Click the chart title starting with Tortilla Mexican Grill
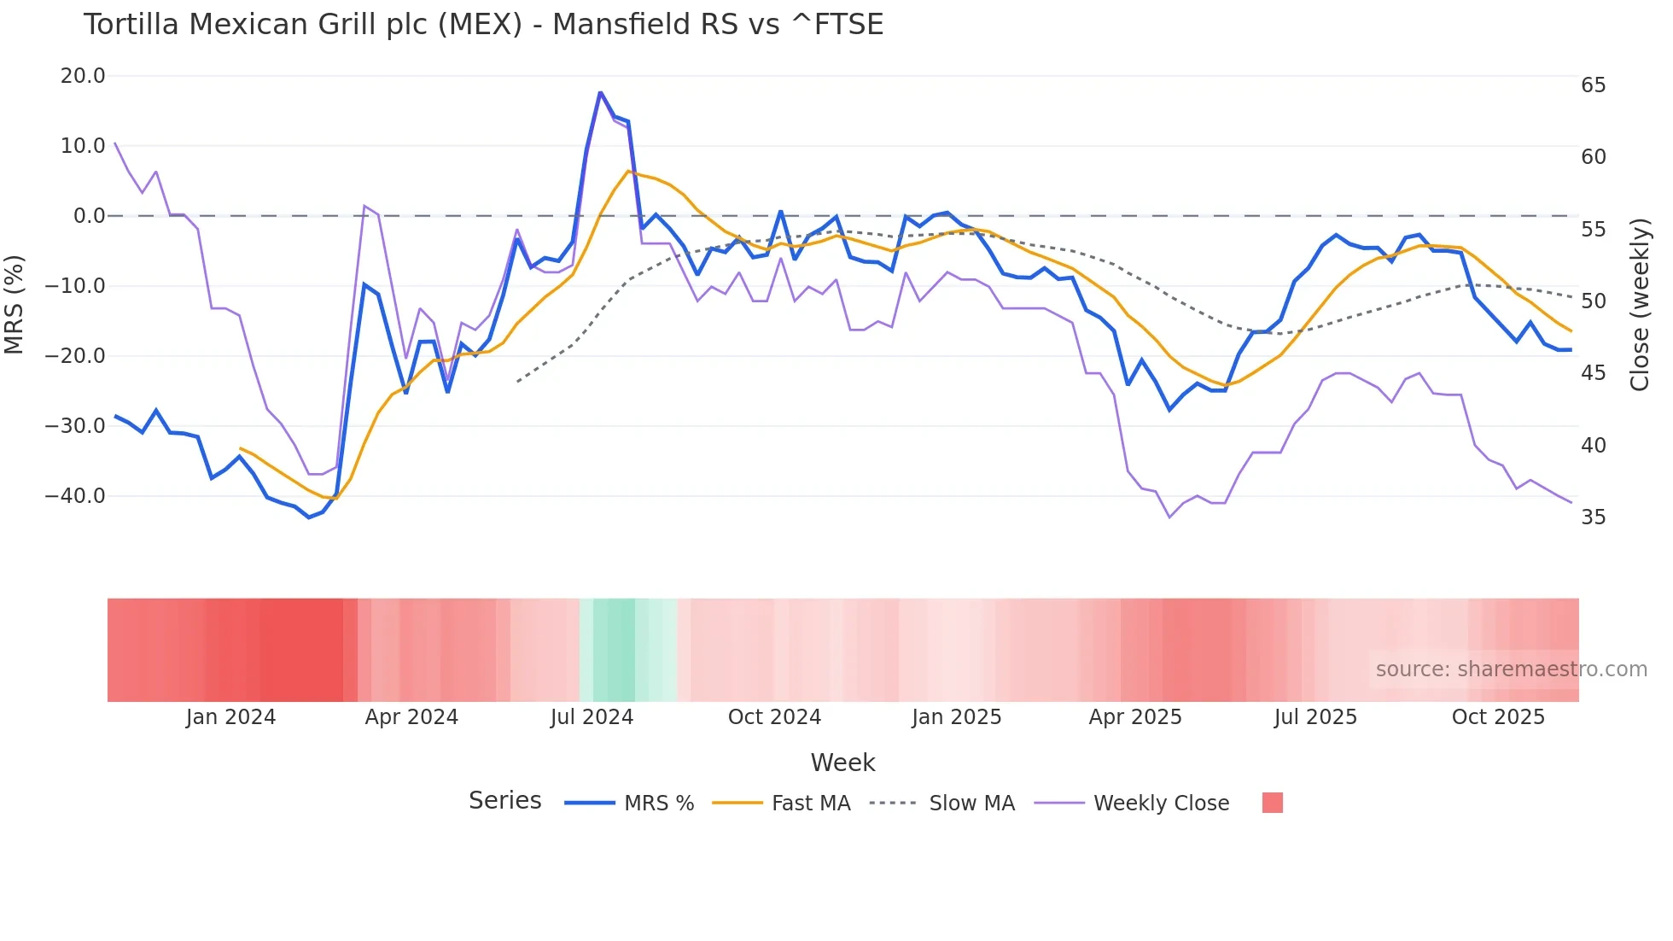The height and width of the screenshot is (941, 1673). pos(483,25)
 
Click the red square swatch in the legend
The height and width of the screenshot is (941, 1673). pos(1272,803)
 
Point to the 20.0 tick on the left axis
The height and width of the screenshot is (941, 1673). pos(83,76)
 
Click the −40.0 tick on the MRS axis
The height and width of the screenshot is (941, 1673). pos(75,496)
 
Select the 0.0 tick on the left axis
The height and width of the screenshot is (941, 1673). pos(89,216)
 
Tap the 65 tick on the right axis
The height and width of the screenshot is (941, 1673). pos(1593,85)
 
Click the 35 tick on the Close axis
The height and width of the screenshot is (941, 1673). pos(1593,517)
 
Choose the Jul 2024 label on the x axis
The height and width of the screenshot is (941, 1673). pos(592,717)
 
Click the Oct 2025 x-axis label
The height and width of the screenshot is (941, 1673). pos(1498,717)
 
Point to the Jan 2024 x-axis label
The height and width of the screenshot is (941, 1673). pos(230,717)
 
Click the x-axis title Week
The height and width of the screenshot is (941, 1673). pos(842,763)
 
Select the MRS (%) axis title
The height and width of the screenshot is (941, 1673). pos(15,304)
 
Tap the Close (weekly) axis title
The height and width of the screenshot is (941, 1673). pos(1639,304)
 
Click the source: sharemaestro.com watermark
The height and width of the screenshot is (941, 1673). pos(1511,669)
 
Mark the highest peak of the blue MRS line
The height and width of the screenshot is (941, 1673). pos(600,92)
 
